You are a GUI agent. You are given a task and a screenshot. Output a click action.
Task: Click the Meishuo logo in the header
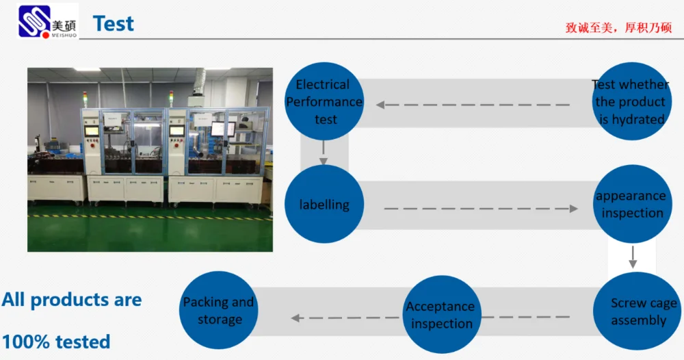click(x=48, y=21)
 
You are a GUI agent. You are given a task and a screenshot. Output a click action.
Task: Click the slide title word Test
click(x=114, y=23)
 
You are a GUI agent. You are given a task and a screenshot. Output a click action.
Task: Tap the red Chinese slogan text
click(x=618, y=28)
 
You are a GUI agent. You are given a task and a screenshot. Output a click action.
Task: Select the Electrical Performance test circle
click(x=324, y=101)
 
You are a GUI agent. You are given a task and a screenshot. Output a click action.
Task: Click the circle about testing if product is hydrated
click(x=631, y=101)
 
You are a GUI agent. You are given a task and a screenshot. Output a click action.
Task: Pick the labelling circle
click(x=324, y=204)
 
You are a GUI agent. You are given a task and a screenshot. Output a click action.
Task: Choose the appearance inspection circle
click(x=631, y=204)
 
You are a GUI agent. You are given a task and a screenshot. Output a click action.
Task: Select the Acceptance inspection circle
click(x=441, y=314)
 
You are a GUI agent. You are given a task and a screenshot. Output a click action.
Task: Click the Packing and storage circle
click(x=219, y=310)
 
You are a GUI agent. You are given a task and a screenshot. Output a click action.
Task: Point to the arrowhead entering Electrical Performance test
click(x=380, y=105)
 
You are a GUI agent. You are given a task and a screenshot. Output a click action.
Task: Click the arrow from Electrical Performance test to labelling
click(x=324, y=153)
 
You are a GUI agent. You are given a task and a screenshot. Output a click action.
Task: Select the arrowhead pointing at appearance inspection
click(x=574, y=209)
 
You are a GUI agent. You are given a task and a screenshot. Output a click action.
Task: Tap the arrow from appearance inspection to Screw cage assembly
click(x=633, y=257)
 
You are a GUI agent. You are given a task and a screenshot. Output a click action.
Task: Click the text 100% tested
click(x=56, y=342)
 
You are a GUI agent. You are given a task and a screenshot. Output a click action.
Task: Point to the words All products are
click(x=72, y=300)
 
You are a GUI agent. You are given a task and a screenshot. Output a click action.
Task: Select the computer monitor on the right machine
click(x=223, y=129)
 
